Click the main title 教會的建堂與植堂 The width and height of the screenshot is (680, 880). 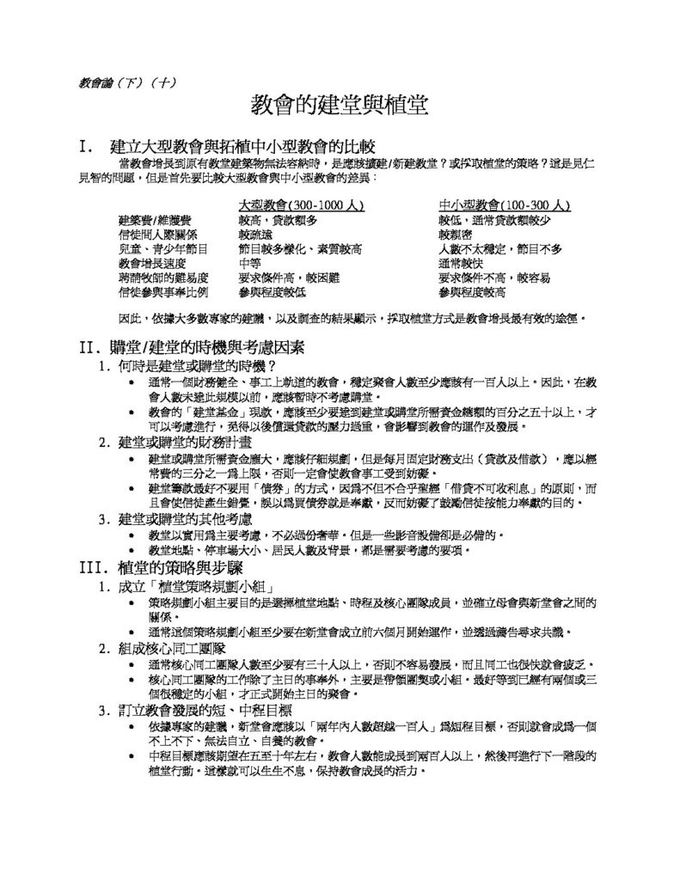(339, 106)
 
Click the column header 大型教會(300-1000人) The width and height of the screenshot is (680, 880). (302, 206)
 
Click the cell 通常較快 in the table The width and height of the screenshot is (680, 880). (462, 264)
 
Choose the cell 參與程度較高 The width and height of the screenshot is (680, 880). (472, 293)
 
